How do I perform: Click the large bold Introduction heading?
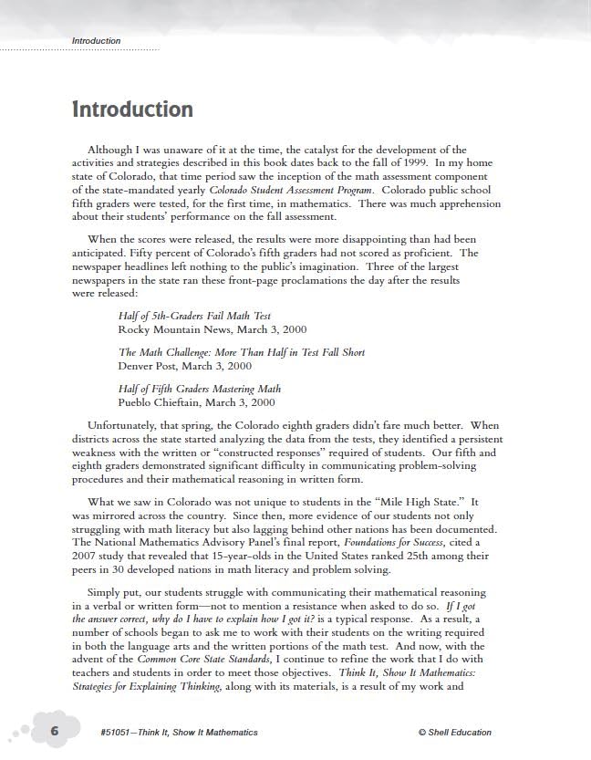click(x=132, y=109)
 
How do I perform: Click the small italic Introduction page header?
click(x=96, y=41)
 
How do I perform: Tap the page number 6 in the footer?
click(x=55, y=731)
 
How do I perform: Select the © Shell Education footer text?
click(x=454, y=732)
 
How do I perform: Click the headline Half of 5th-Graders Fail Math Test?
click(x=194, y=316)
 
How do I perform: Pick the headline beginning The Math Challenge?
click(x=241, y=352)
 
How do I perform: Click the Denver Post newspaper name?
click(x=147, y=366)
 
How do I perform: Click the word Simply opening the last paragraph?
click(x=104, y=592)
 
